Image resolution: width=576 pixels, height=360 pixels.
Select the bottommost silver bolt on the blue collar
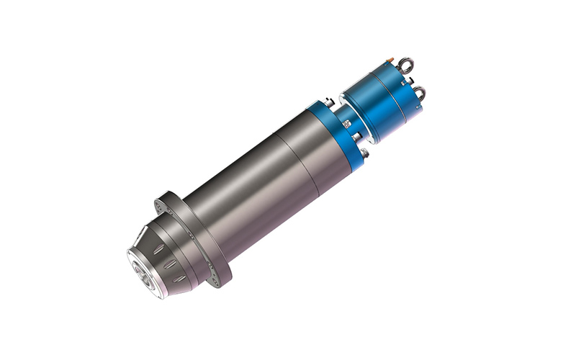(367, 153)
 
